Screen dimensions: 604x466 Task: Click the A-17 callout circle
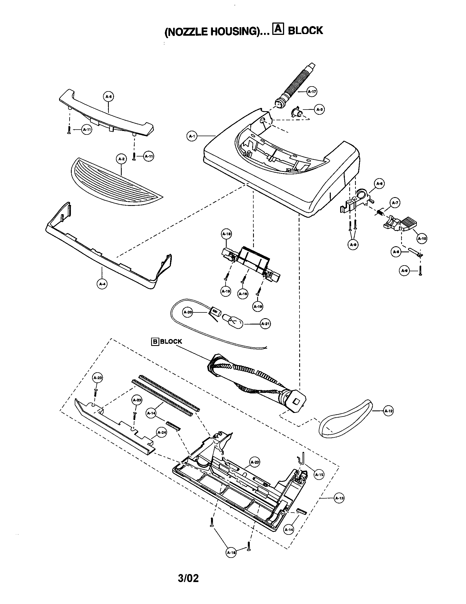pyautogui.click(x=312, y=91)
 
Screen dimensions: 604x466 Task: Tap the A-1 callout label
pyautogui.click(x=192, y=136)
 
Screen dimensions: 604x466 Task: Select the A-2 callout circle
pyautogui.click(x=121, y=159)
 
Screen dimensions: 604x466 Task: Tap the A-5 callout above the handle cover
pyautogui.click(x=109, y=97)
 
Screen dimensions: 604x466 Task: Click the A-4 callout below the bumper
pyautogui.click(x=102, y=284)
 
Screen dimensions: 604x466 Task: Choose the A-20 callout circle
pyautogui.click(x=188, y=312)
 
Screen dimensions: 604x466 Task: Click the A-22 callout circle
pyautogui.click(x=255, y=462)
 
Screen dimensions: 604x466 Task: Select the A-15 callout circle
pyautogui.click(x=319, y=474)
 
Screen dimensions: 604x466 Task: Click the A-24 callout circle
pyautogui.click(x=162, y=432)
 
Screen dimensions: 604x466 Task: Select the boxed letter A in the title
pyautogui.click(x=278, y=29)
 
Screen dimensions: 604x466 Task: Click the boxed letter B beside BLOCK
pyautogui.click(x=155, y=342)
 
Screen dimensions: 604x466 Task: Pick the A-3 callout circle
pyautogui.click(x=320, y=110)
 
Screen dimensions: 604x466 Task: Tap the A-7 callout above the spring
pyautogui.click(x=395, y=203)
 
